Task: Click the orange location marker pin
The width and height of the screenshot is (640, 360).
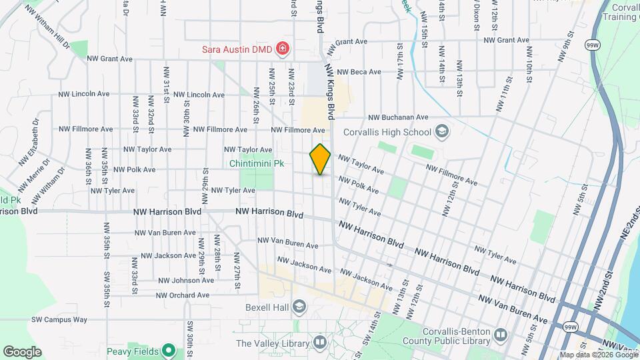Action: point(321,159)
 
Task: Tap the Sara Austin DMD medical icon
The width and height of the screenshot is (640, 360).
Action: point(283,48)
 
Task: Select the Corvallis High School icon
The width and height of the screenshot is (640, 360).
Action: point(441,131)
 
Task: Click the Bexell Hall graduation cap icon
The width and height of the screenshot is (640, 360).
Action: point(299,306)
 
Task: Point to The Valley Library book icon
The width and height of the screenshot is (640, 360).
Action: point(321,343)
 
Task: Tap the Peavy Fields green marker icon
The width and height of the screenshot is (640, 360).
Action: point(169,351)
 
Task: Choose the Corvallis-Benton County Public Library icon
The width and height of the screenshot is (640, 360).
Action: point(500,333)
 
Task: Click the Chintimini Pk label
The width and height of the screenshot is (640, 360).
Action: point(257,162)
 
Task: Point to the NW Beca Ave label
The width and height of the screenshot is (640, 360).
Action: point(359,72)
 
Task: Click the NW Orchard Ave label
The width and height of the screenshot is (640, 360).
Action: point(182,295)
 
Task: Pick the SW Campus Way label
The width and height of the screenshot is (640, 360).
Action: point(59,319)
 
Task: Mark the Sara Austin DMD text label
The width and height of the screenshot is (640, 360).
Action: point(239,49)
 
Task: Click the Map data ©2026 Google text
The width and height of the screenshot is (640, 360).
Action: point(593,355)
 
